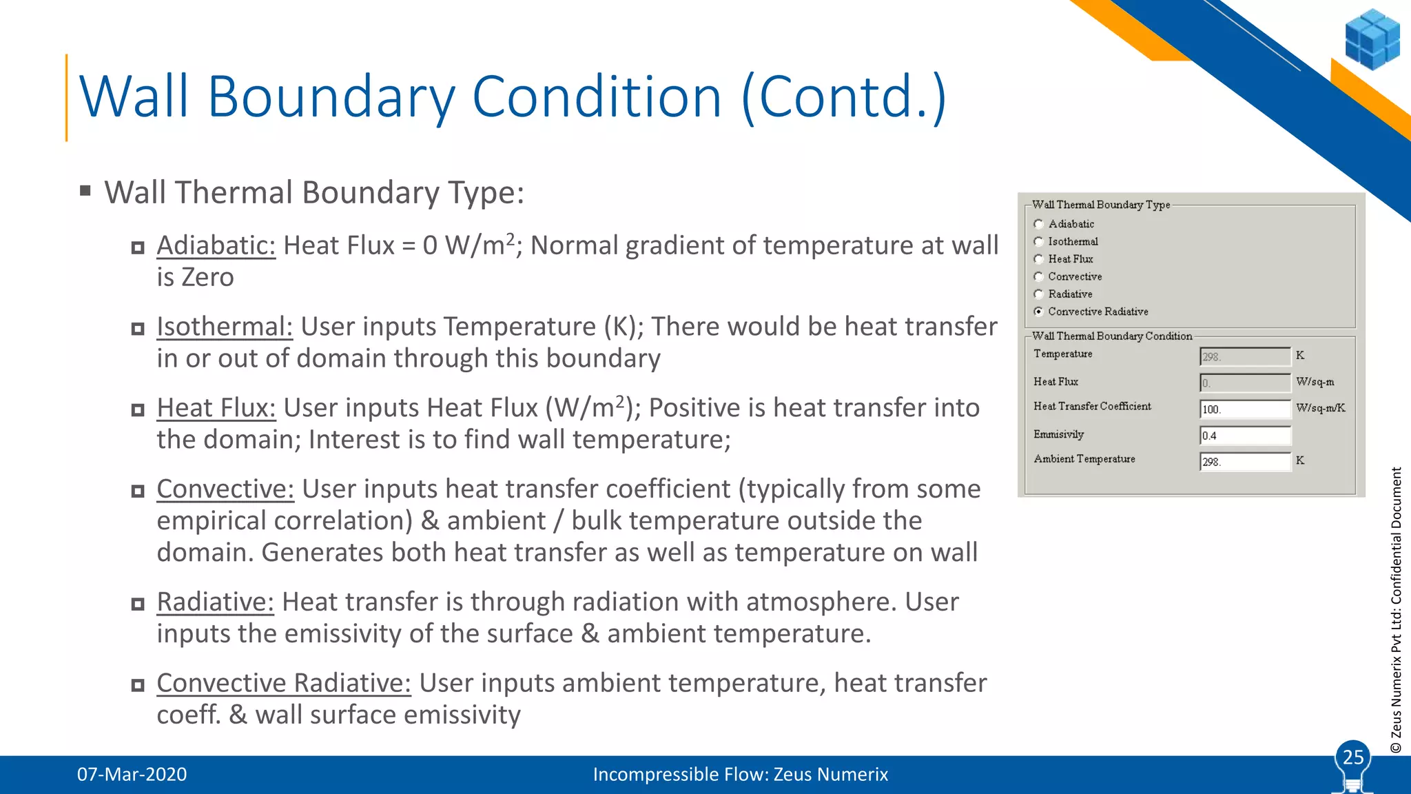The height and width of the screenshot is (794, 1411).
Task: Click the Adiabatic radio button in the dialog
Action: tap(1038, 224)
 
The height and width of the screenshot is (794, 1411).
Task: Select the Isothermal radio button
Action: tap(1038, 242)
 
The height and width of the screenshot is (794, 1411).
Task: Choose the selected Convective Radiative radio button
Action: tap(1038, 312)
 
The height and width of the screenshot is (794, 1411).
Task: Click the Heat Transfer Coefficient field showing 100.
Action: tap(1244, 409)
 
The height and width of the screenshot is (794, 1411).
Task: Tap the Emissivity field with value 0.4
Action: tap(1244, 436)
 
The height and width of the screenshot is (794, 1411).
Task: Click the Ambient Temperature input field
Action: tap(1244, 462)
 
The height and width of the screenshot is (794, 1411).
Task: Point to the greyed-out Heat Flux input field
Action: tap(1244, 383)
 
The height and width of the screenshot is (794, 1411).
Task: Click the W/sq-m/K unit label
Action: tap(1320, 408)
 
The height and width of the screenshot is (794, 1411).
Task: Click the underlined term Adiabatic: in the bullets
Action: tap(216, 246)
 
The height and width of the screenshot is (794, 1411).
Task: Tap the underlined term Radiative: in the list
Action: tap(215, 602)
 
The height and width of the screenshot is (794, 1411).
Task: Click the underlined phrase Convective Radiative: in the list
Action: tap(283, 684)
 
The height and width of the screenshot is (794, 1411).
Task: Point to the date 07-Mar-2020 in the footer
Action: tap(132, 775)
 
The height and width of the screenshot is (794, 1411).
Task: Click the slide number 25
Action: tap(1353, 757)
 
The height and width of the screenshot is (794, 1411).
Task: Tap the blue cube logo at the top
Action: tap(1372, 39)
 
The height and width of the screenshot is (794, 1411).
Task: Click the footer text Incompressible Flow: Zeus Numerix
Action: tap(740, 775)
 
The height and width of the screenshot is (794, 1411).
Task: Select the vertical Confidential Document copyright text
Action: tap(1396, 610)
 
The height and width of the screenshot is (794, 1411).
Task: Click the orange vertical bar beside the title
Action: tap(67, 98)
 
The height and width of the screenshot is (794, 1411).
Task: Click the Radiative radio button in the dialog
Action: tap(1038, 294)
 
